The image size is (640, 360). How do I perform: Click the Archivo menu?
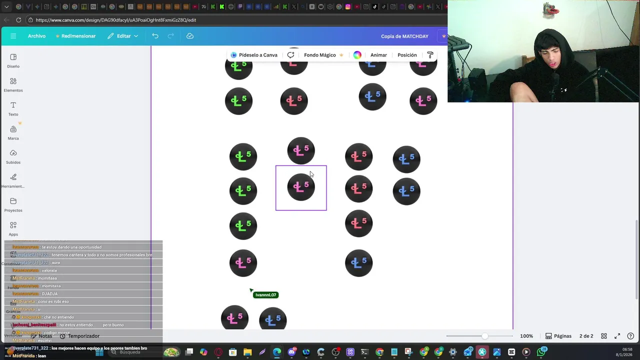pos(36,36)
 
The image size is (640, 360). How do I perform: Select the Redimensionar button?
pos(75,36)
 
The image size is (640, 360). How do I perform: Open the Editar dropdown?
pos(123,36)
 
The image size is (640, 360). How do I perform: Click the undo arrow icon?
pos(155,36)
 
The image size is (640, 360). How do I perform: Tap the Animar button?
pos(378,55)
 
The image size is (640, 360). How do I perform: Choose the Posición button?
pos(407,55)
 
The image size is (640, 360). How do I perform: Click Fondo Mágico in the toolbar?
pos(320,55)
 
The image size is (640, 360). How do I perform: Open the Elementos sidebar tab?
pos(13,84)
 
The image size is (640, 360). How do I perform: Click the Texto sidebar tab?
pos(13,108)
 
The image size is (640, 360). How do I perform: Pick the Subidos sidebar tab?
pos(13,156)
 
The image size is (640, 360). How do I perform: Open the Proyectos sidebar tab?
pos(13,204)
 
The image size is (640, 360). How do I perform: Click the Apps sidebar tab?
pos(13,228)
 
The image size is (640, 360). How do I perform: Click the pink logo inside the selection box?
pos(301,187)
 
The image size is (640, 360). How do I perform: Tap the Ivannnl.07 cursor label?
pos(265,295)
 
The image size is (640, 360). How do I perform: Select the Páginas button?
pos(558,336)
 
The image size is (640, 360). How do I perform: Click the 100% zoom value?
pos(526,336)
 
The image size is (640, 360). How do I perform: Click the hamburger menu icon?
pos(13,36)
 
